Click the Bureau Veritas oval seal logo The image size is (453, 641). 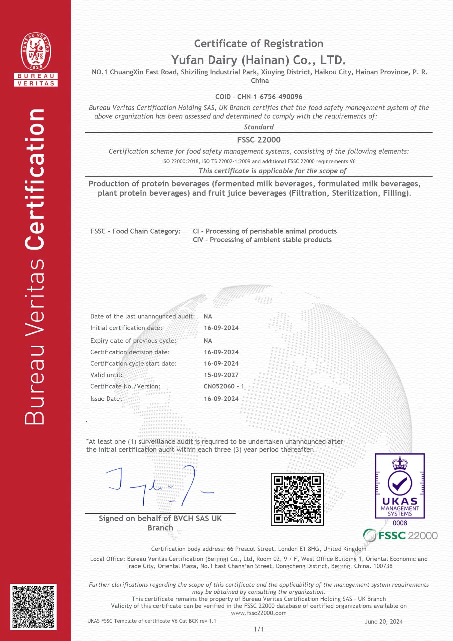pyautogui.click(x=36, y=51)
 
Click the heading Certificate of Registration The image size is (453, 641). pyautogui.click(x=259, y=44)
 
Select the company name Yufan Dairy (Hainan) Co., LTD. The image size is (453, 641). pyautogui.click(x=259, y=60)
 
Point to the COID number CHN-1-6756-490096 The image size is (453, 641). pyautogui.click(x=270, y=97)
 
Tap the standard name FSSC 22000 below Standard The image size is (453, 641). pyautogui.click(x=259, y=139)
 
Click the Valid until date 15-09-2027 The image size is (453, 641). pyautogui.click(x=221, y=375)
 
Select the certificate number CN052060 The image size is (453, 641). pyautogui.click(x=219, y=386)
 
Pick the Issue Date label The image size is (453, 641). pyautogui.click(x=106, y=399)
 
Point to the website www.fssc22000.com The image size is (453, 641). pyautogui.click(x=259, y=613)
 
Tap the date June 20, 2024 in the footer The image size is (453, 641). pyautogui.click(x=383, y=621)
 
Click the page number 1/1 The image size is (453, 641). pyautogui.click(x=259, y=629)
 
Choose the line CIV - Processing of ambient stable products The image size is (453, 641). pyautogui.click(x=262, y=240)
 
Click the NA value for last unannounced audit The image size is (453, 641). pyautogui.click(x=208, y=316)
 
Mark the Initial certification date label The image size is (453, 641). pyautogui.click(x=126, y=328)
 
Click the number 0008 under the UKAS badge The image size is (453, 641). pyautogui.click(x=400, y=523)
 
